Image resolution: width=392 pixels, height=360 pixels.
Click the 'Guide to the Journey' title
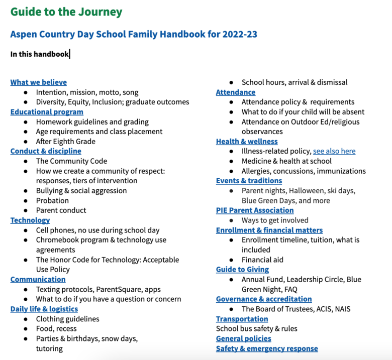click(66, 12)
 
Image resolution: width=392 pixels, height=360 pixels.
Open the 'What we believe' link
click(38, 82)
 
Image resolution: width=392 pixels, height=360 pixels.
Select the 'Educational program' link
click(47, 112)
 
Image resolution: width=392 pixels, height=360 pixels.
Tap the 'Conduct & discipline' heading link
click(46, 151)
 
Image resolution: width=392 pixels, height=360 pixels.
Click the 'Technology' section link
click(30, 220)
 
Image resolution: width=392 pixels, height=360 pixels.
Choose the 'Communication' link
click(38, 279)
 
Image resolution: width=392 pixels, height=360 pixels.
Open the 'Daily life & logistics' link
click(44, 309)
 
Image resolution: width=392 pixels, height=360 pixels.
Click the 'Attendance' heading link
click(235, 92)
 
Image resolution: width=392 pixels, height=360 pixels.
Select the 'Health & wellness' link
click(246, 142)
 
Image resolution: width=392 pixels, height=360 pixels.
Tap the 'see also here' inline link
click(334, 151)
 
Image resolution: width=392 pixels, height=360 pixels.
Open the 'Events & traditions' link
click(249, 181)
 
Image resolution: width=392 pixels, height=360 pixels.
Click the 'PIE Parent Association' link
click(254, 210)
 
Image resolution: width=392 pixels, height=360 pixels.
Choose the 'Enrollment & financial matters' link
click(269, 230)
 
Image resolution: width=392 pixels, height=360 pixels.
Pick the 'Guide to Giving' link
click(242, 270)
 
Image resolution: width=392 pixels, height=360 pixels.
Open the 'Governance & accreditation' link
click(263, 299)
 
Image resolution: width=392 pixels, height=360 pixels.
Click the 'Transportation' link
click(242, 319)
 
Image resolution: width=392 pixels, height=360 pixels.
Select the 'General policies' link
click(243, 338)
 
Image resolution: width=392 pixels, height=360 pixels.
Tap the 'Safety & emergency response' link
click(266, 348)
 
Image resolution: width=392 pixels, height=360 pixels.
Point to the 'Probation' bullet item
click(52, 200)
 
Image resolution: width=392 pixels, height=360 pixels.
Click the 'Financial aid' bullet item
click(262, 260)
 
